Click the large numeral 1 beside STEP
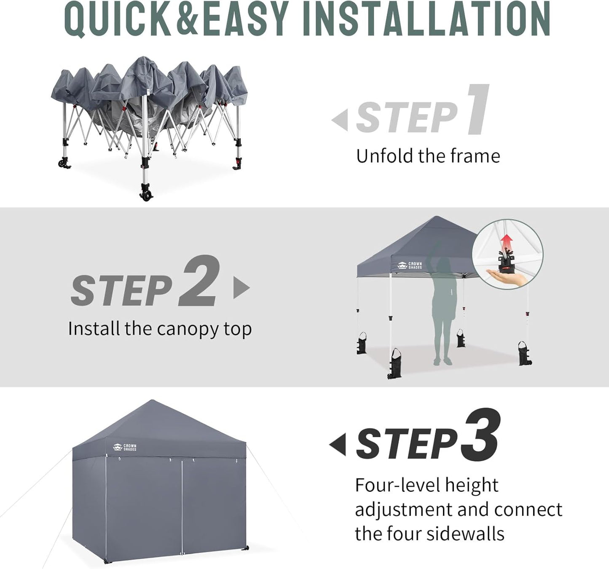(x=478, y=110)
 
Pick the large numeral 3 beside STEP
(x=480, y=435)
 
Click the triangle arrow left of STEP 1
(x=341, y=120)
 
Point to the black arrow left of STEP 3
(x=338, y=444)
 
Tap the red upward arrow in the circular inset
(x=507, y=243)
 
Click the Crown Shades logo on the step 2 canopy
(x=410, y=266)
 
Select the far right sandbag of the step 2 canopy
(x=524, y=354)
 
